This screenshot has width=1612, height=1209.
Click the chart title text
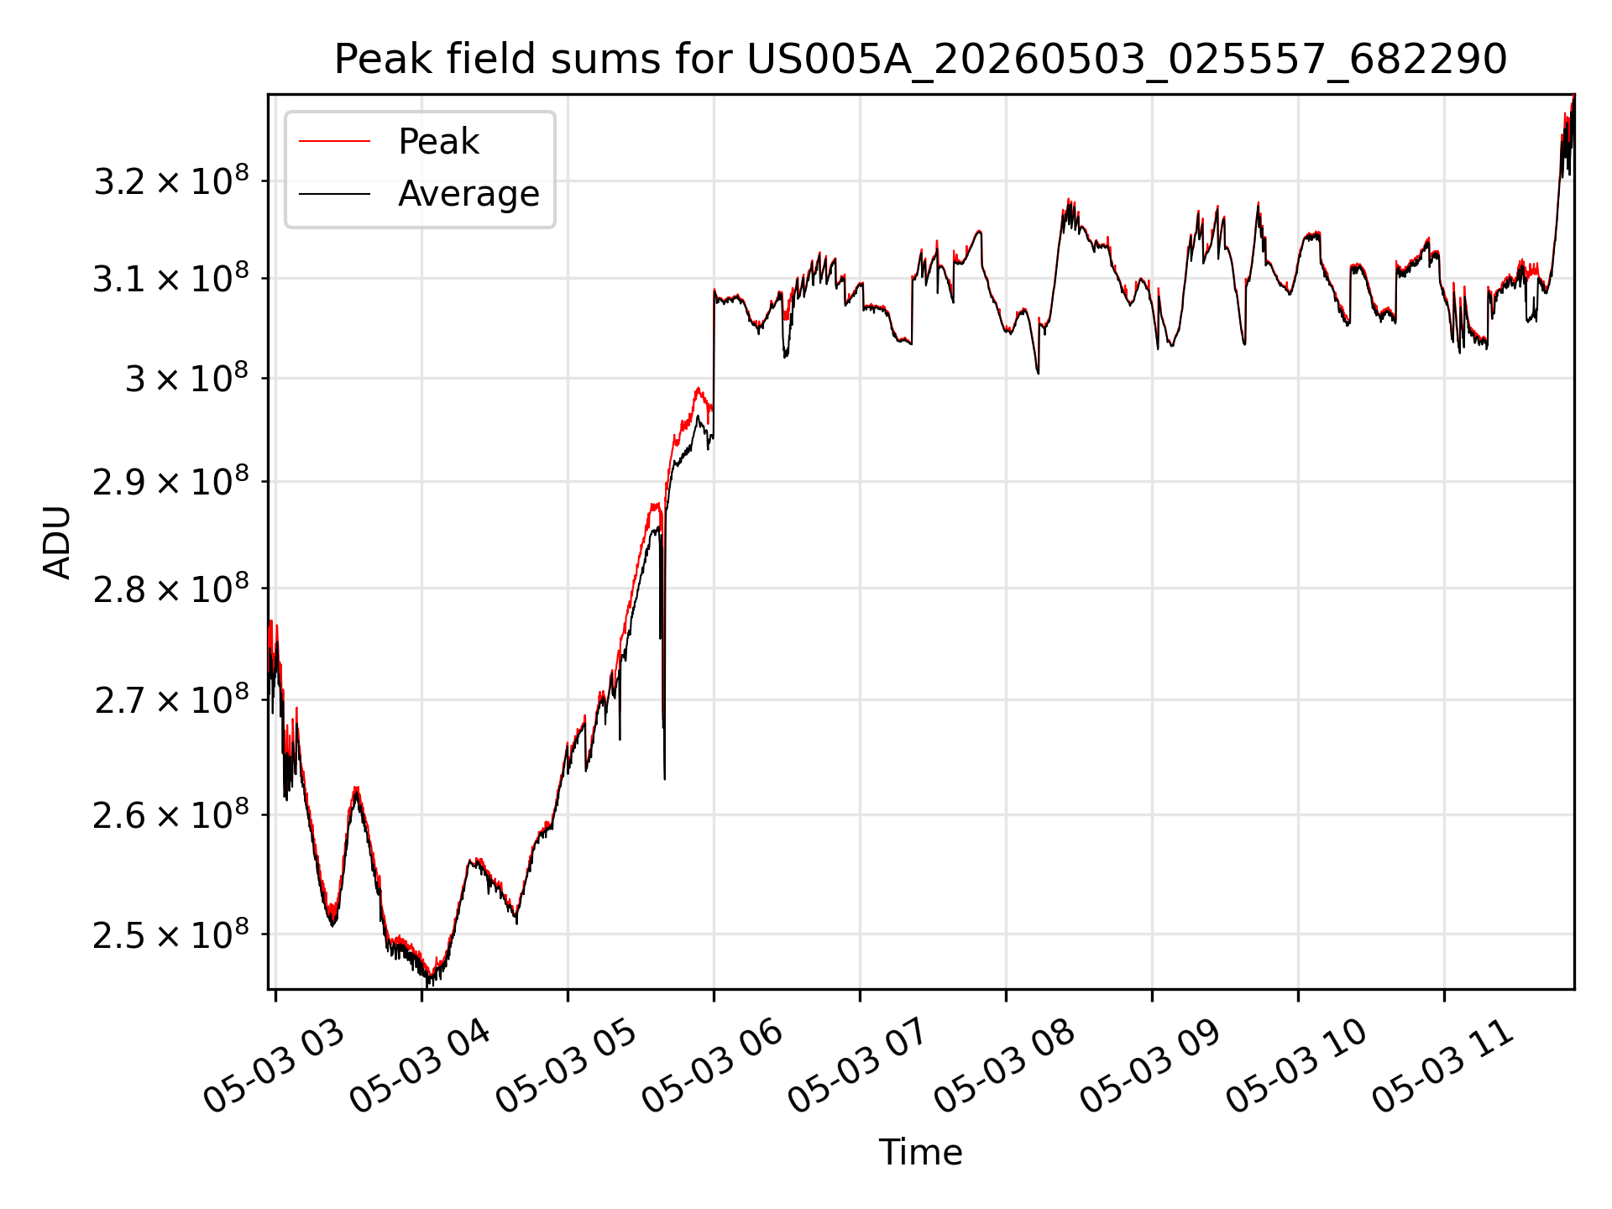click(920, 60)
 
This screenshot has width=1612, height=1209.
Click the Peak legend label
click(438, 142)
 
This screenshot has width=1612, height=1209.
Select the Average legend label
click(468, 194)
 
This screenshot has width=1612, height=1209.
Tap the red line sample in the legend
click(334, 142)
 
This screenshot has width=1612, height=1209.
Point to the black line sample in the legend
click(334, 194)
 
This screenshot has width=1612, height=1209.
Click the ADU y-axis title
click(58, 542)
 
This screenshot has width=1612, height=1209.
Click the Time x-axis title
click(920, 1152)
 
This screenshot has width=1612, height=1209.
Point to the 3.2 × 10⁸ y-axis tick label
click(171, 180)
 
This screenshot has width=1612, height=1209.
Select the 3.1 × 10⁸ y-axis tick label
click(171, 278)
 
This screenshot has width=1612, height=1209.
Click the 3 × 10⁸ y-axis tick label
click(187, 378)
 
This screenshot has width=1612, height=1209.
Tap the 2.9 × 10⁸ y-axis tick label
click(171, 481)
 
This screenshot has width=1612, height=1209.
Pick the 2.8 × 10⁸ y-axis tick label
click(171, 589)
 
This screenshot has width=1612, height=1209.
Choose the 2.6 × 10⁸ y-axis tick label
click(171, 814)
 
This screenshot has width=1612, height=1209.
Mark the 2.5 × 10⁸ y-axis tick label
click(171, 934)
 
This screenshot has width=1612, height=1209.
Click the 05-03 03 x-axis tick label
click(275, 1067)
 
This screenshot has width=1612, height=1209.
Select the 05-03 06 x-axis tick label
click(713, 1067)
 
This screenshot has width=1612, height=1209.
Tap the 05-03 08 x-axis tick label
click(1005, 1067)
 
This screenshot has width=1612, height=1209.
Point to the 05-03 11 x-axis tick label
click(1443, 1067)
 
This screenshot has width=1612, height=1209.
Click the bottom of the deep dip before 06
click(664, 779)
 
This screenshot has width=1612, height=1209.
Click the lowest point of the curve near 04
click(428, 986)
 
